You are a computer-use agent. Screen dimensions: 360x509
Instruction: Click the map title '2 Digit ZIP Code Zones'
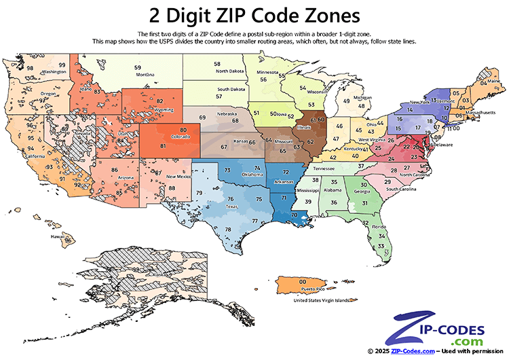[x=254, y=14]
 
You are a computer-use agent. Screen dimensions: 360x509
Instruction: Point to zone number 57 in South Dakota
[x=219, y=96]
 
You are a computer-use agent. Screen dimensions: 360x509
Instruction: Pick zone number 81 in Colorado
[x=164, y=146]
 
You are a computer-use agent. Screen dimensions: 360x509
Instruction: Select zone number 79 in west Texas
[x=200, y=194]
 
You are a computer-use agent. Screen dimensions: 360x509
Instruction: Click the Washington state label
[x=40, y=71]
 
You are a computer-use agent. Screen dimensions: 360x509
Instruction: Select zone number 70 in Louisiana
[x=294, y=214]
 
